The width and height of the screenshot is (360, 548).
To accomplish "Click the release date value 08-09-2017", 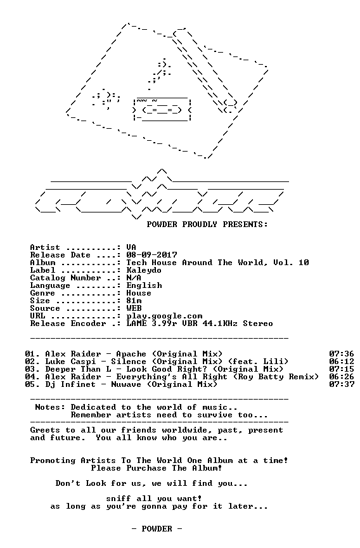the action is pos(151,255).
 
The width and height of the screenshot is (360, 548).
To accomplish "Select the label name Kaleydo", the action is pos(144,270).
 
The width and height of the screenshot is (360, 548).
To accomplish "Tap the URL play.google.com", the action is pos(164,316).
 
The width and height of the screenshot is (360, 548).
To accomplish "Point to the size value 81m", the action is pos(134,301).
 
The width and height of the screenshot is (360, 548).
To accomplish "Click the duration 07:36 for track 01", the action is pos(342,354).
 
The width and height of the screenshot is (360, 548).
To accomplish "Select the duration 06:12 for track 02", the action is pos(342,362).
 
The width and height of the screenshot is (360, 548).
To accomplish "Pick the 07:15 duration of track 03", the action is pos(342,369).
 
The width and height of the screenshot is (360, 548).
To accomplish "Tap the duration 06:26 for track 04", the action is pos(342,377).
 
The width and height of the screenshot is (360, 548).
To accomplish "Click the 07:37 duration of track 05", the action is pos(342,384).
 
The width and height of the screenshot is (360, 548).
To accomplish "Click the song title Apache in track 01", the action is pos(131,354).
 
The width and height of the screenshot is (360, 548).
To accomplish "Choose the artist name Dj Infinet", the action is pos(70,384).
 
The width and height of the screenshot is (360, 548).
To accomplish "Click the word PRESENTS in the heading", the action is pos(245,225).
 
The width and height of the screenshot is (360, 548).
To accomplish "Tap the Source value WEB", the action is pos(134,308).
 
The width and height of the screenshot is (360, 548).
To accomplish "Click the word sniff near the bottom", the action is pos(119,499).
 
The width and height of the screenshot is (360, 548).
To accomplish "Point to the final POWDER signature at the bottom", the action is pos(157,529).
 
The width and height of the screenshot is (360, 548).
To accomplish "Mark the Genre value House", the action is pos(139,293).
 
